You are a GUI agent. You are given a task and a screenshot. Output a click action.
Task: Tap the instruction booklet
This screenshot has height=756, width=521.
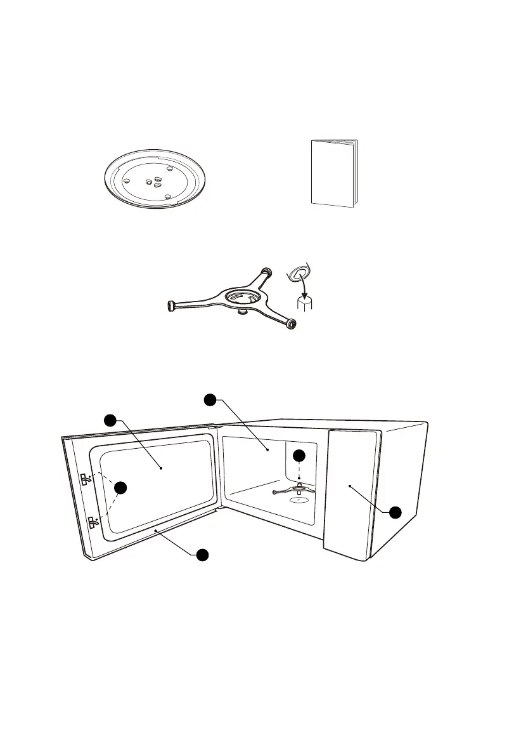(x=334, y=173)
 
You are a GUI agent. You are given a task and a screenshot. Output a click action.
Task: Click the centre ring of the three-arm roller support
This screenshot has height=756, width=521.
(x=241, y=296)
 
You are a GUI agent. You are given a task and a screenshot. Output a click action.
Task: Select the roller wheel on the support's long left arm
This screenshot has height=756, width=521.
(x=171, y=305)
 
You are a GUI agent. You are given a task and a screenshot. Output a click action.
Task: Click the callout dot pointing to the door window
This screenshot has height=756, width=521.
(x=111, y=420)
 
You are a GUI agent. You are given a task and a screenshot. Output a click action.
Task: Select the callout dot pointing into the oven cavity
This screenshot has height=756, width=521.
(x=210, y=400)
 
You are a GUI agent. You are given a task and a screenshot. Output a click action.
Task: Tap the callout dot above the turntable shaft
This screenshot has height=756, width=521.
(x=299, y=456)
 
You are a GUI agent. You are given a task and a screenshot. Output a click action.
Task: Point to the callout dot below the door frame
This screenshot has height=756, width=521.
(x=202, y=555)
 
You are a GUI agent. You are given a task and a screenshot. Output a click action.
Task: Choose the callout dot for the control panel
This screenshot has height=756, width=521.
(x=394, y=512)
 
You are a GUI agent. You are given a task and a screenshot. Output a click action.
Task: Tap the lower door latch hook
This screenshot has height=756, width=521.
(x=94, y=523)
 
